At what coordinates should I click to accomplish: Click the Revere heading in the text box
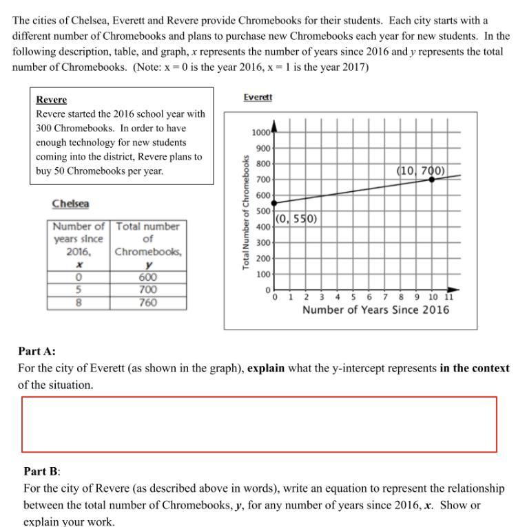click(x=51, y=100)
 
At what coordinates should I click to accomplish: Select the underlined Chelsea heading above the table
click(x=70, y=204)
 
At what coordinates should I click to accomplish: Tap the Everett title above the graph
click(x=258, y=98)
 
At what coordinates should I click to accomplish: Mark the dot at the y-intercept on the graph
click(x=274, y=203)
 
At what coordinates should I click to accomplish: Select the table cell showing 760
click(x=147, y=303)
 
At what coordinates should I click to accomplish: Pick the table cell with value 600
click(x=147, y=277)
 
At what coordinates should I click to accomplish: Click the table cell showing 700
click(x=147, y=290)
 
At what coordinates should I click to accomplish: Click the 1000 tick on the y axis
click(x=260, y=133)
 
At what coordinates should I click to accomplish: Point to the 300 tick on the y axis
click(x=263, y=243)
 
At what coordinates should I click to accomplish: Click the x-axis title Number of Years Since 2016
click(x=375, y=310)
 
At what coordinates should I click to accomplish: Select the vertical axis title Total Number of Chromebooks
click(x=246, y=212)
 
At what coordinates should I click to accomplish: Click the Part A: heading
click(x=37, y=352)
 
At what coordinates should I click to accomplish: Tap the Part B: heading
click(x=42, y=471)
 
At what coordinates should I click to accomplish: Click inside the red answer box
click(x=259, y=424)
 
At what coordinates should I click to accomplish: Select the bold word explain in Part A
click(x=266, y=368)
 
